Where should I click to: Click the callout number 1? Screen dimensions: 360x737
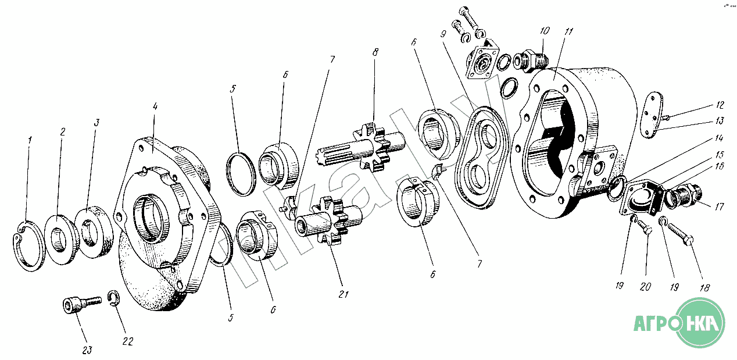pyautogui.click(x=30, y=140)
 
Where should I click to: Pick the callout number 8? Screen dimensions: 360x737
pyautogui.click(x=375, y=52)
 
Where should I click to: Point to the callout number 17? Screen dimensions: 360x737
pyautogui.click(x=720, y=206)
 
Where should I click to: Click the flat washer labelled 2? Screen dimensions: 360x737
pyautogui.click(x=60, y=237)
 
